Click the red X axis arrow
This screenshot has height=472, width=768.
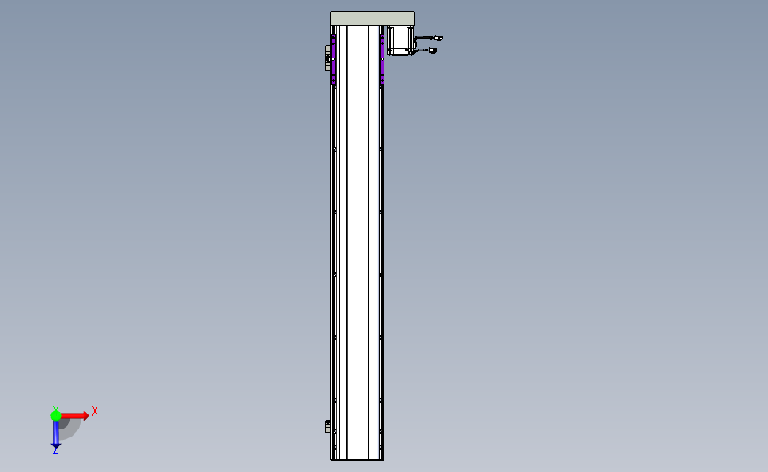(74, 415)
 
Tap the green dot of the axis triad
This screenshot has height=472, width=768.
(56, 415)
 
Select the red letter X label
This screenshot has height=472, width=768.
(95, 411)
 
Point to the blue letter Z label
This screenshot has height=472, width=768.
(55, 452)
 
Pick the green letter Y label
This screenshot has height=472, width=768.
(56, 408)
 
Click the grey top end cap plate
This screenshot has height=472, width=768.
(372, 19)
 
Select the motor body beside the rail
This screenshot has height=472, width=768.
(400, 40)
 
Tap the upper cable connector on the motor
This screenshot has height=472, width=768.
(438, 38)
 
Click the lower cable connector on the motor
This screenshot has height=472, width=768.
(432, 50)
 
